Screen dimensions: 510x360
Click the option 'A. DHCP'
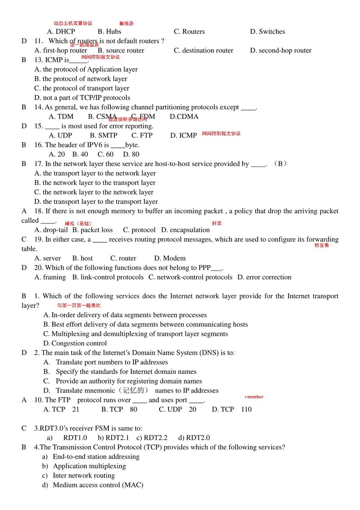point(61,32)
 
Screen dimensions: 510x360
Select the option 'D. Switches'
point(268,32)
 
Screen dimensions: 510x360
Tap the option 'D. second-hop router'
point(280,50)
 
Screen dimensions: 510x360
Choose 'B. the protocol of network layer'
point(81,79)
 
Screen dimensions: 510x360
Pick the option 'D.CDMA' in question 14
point(184,116)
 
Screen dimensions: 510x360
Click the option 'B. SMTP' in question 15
point(104,135)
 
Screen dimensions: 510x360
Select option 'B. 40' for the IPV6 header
point(80,154)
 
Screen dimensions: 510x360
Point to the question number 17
point(38,164)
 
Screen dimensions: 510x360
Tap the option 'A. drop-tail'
point(51,230)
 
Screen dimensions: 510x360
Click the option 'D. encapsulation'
point(186,230)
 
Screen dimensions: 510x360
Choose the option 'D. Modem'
point(170,258)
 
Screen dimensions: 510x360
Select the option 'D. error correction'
point(264,277)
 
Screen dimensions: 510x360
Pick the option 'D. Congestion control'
point(75,343)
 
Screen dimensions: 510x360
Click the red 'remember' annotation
point(254,397)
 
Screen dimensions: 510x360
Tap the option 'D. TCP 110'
point(232,409)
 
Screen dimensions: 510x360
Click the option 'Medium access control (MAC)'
point(98,485)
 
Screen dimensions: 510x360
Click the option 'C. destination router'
point(204,50)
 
